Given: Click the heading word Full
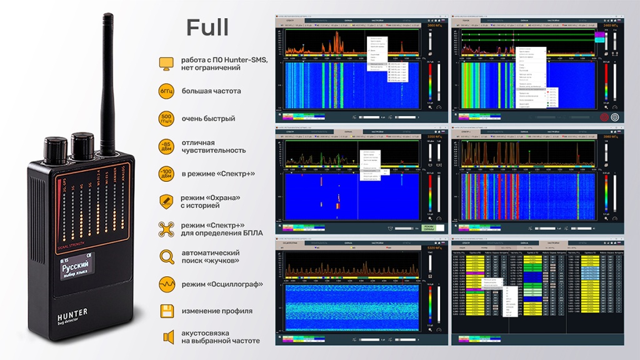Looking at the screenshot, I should (x=207, y=27).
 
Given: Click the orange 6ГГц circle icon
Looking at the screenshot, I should (x=166, y=91).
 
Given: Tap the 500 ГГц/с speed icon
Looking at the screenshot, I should (x=166, y=119).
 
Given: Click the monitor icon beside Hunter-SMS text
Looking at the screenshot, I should (x=166, y=63).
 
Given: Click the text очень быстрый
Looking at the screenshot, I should (x=209, y=119).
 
